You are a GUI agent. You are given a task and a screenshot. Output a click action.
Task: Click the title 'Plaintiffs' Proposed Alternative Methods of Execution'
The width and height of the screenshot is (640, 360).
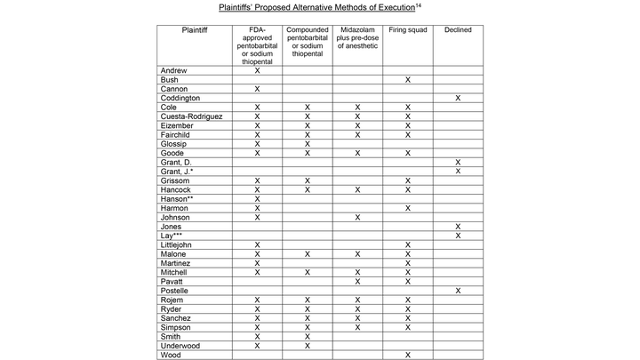(318, 8)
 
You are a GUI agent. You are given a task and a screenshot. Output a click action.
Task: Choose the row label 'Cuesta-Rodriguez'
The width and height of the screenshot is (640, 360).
(192, 116)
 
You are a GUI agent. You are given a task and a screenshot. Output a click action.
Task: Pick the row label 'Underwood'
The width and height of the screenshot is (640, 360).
(180, 345)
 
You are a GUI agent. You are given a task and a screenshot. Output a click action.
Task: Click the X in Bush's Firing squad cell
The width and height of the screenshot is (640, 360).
(407, 80)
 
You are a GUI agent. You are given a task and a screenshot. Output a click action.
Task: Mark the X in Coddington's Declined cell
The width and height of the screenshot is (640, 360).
(458, 98)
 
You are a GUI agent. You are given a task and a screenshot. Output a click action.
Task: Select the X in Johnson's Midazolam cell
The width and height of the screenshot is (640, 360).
(357, 217)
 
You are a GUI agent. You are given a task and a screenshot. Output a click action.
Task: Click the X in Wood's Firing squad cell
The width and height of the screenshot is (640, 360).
(407, 355)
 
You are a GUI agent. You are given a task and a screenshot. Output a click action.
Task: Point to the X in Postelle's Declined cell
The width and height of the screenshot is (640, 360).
(458, 290)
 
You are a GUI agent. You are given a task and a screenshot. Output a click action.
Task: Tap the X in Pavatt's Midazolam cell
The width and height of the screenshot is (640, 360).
(357, 281)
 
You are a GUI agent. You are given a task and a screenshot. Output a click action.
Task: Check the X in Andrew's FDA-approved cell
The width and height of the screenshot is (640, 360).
(258, 70)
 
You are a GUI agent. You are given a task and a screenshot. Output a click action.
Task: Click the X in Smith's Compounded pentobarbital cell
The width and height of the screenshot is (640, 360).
(308, 336)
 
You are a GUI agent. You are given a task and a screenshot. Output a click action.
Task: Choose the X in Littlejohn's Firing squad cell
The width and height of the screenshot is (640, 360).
(407, 244)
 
